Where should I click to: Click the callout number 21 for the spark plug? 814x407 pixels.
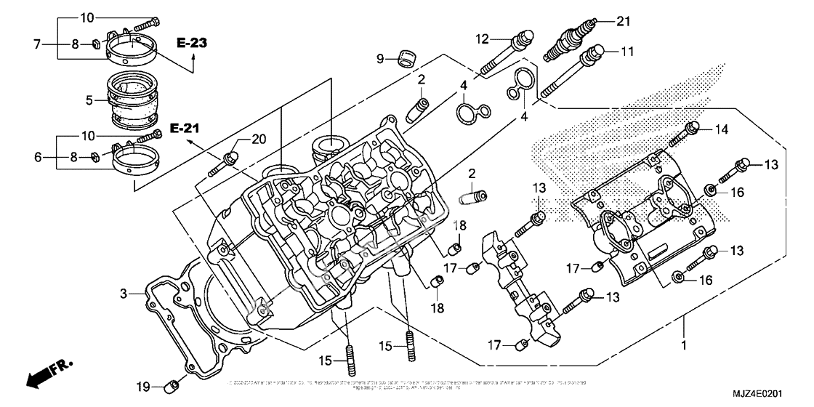pyautogui.click(x=621, y=21)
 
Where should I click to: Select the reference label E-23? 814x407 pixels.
pyautogui.click(x=191, y=44)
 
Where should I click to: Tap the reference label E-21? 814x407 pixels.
pyautogui.click(x=164, y=129)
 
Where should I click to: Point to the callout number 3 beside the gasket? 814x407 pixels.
pyautogui.click(x=124, y=294)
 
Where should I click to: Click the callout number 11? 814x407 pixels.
pyautogui.click(x=626, y=52)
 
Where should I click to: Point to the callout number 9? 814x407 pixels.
pyautogui.click(x=380, y=57)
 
